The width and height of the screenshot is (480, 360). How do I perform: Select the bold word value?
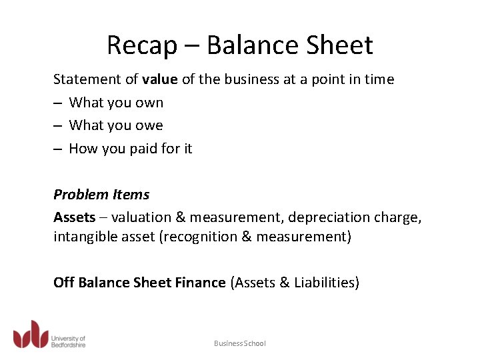tap(160, 79)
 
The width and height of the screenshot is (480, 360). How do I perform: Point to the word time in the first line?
tap(379, 79)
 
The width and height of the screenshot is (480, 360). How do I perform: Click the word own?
tap(150, 103)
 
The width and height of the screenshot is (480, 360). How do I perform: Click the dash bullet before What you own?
tap(58, 103)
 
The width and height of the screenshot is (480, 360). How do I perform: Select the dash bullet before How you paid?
tap(58, 149)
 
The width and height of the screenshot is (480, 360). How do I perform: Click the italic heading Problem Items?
tap(101, 195)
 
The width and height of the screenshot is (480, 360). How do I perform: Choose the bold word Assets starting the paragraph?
tap(75, 218)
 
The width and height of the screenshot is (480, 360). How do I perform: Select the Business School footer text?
tap(239, 343)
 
